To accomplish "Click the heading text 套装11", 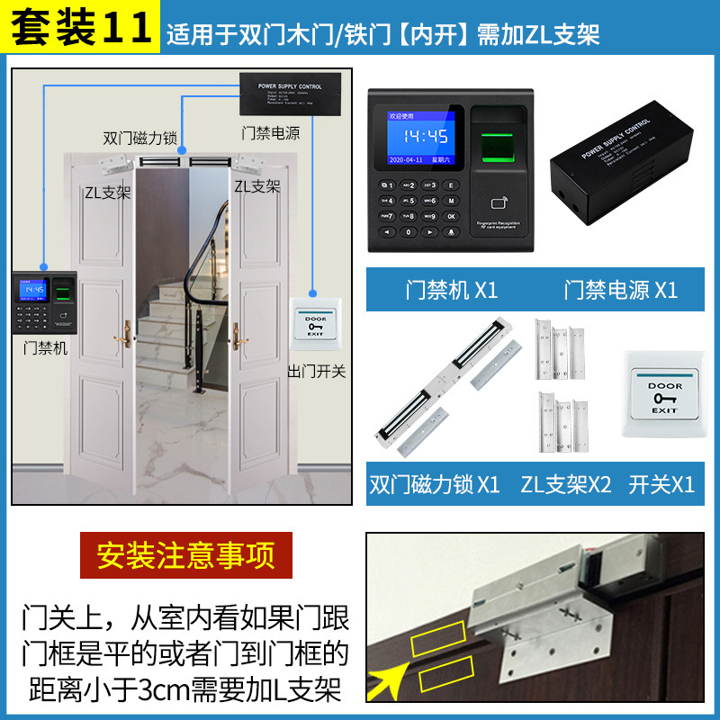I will pyautogui.click(x=80, y=27).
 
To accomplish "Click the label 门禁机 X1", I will pyautogui.click(x=451, y=290).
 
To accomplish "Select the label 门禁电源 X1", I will pyautogui.click(x=621, y=290).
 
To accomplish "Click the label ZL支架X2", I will pyautogui.click(x=565, y=484).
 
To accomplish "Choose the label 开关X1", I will pyautogui.click(x=662, y=484).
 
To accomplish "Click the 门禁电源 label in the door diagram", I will pyautogui.click(x=271, y=132).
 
